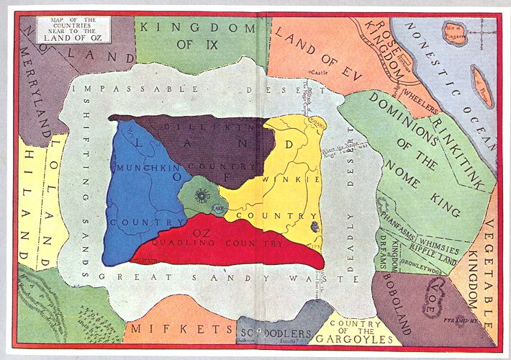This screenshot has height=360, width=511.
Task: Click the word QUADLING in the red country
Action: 184,245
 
